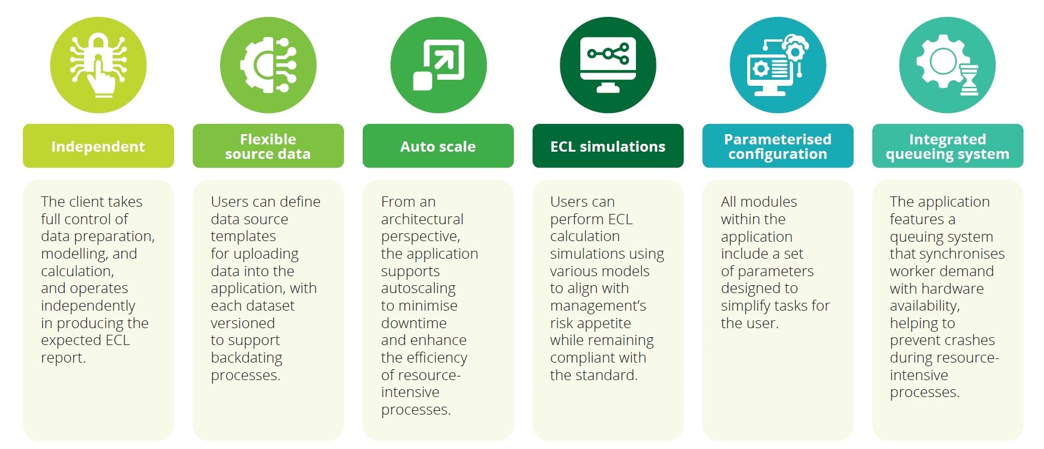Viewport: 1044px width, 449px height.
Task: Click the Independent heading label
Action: (98, 146)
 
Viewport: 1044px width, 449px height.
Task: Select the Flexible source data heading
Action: (268, 146)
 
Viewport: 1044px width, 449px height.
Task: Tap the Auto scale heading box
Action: (438, 146)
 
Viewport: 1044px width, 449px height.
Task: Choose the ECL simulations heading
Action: (608, 146)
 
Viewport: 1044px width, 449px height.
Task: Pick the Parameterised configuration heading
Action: (777, 146)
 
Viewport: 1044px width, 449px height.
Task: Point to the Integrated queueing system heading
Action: (947, 146)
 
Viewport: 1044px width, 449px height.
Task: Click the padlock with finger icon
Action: (99, 65)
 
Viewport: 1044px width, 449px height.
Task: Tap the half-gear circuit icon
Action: (268, 65)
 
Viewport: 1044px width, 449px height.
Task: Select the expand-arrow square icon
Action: (438, 65)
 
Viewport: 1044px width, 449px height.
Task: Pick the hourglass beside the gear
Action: (968, 80)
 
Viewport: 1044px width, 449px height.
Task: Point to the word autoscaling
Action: (418, 288)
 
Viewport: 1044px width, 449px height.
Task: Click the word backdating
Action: (246, 358)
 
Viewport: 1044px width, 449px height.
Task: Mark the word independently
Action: (88, 306)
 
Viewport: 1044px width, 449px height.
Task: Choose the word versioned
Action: (242, 323)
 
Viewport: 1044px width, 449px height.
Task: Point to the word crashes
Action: (965, 340)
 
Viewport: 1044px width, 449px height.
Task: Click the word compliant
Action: (582, 358)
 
